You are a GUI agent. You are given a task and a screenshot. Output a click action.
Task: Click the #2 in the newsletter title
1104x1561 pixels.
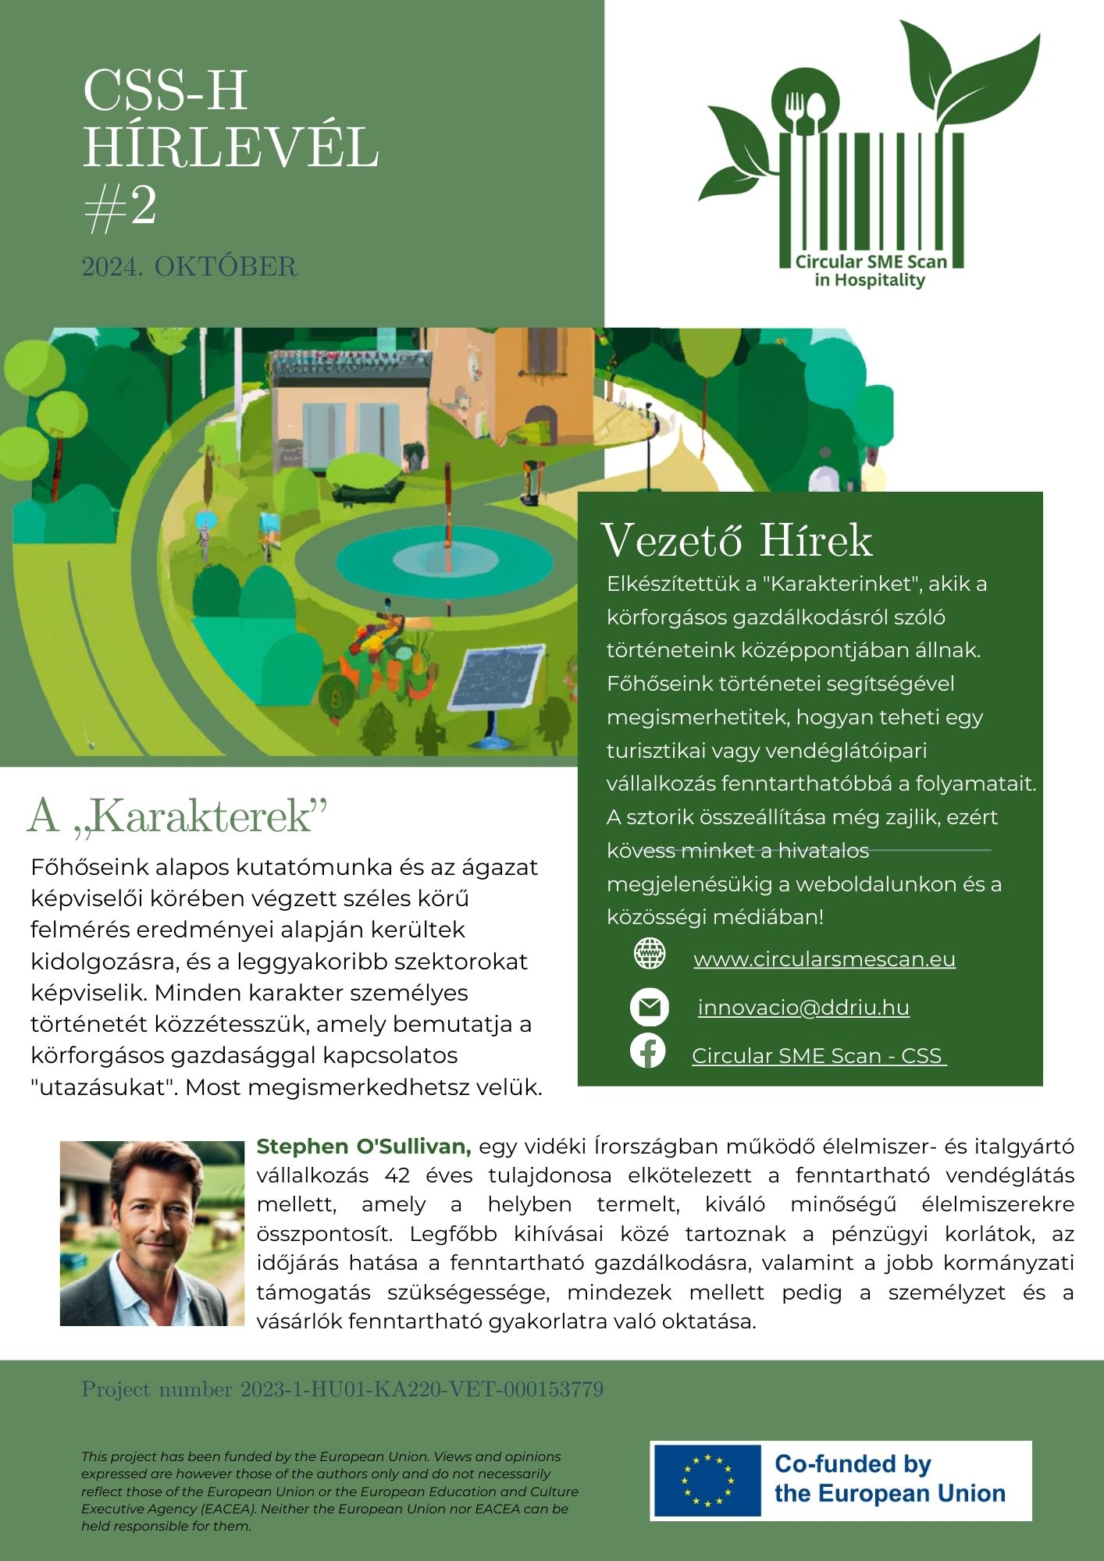(120, 208)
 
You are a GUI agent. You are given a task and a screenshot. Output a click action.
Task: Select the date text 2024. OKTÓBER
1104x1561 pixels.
(190, 267)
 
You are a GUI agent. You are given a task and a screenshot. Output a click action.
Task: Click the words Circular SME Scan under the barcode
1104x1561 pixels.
(871, 262)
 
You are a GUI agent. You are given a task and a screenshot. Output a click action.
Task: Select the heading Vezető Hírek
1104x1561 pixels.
(736, 540)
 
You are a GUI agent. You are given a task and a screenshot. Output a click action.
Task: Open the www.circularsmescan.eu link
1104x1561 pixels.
(824, 958)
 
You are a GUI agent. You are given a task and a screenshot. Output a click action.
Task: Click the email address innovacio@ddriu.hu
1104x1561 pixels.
(803, 1007)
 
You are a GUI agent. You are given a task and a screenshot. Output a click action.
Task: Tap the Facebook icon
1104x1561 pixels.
(648, 1051)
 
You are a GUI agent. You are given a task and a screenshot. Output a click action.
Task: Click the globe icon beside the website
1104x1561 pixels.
(650, 954)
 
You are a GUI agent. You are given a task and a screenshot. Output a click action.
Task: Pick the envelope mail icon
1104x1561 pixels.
(650, 1007)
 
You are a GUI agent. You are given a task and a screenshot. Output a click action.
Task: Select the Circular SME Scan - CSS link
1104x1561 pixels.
(818, 1055)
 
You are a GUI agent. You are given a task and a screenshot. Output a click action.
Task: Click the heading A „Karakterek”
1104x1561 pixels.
(177, 816)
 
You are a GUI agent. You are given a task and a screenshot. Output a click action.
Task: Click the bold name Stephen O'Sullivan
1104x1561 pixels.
(364, 1147)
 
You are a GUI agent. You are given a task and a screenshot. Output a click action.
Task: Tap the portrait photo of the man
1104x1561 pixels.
(152, 1233)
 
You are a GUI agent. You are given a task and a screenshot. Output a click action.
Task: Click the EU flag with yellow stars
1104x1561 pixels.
(707, 1480)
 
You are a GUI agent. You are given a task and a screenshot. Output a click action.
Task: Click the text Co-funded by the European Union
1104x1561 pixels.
(889, 1479)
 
